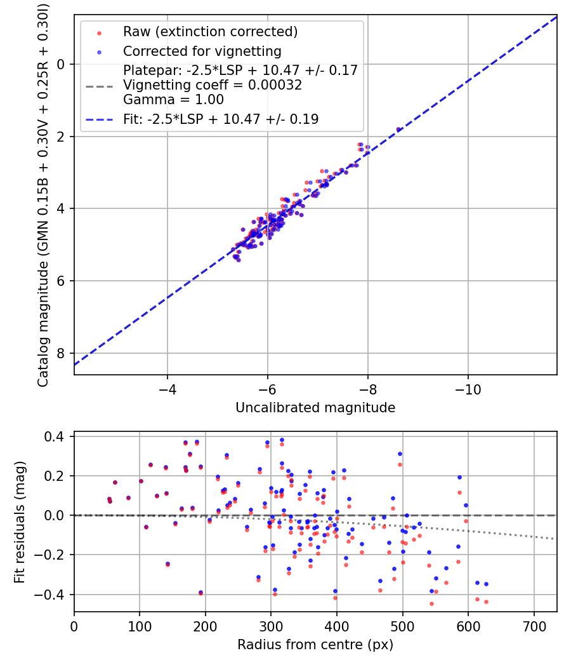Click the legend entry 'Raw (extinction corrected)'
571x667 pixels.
coord(210,32)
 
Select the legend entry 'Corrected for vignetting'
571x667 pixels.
coord(202,51)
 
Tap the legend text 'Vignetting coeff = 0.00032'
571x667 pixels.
coord(213,84)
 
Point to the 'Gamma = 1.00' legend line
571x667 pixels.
coord(173,99)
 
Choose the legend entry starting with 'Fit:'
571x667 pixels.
coord(221,119)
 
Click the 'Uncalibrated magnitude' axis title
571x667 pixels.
coord(315,408)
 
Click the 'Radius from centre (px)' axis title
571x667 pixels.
coord(315,645)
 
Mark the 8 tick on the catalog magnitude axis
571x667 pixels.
coord(61,353)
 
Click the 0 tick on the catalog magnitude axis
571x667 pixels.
coord(61,64)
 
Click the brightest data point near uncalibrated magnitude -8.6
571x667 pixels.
coord(398,130)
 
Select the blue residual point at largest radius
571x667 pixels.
coord(486,584)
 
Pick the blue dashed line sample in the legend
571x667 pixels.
coord(99,119)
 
